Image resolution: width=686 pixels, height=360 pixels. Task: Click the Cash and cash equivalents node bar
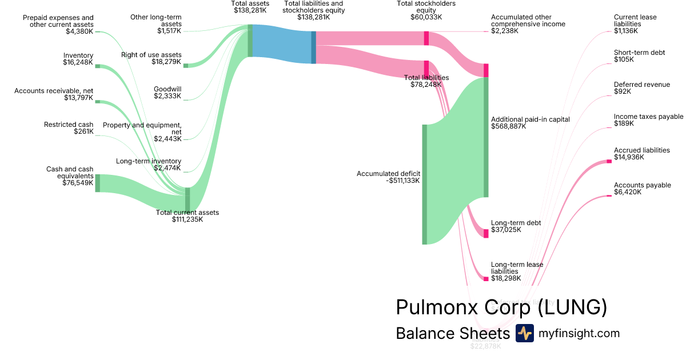(97, 183)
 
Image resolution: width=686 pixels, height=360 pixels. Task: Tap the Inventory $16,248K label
(78, 59)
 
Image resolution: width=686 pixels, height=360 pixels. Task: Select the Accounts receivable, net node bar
(97, 102)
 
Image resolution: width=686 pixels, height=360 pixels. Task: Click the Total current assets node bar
(188, 199)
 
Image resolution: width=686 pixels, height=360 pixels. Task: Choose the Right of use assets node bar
(186, 66)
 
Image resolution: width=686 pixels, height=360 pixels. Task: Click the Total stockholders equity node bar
(426, 38)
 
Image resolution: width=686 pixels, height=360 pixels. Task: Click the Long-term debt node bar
(486, 233)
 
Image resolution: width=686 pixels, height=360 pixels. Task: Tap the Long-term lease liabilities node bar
(486, 279)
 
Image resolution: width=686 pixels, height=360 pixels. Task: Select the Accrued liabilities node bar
(609, 162)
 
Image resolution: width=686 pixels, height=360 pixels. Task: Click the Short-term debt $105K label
(639, 56)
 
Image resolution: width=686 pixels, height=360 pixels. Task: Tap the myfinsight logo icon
(524, 333)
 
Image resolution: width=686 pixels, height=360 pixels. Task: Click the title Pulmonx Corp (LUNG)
(501, 307)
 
